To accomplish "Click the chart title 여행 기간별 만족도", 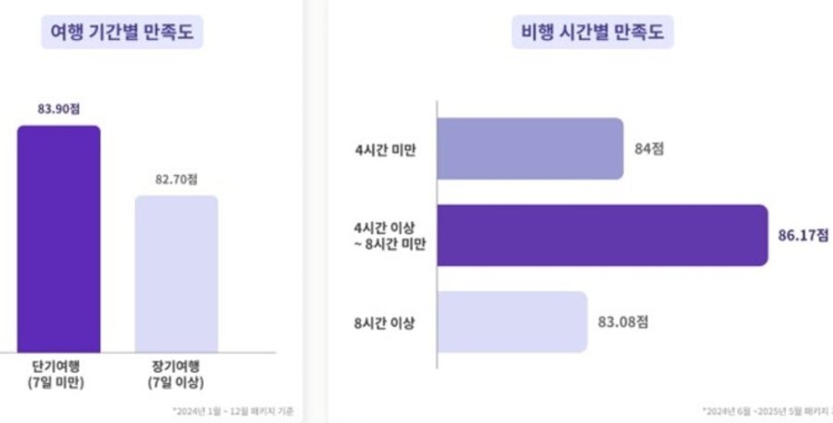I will coord(127,33).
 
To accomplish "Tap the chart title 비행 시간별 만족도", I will coord(592,33).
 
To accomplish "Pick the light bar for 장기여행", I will coord(177,273).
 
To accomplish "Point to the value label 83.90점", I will coord(58,108).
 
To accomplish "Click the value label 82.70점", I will coord(177,180).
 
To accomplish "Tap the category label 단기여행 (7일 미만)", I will coord(58,372).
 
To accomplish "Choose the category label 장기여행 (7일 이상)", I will coord(177,372).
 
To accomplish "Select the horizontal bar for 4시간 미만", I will coord(529,148).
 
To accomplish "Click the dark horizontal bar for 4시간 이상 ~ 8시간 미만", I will coord(602,235).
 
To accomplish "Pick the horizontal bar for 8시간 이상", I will coord(512,322).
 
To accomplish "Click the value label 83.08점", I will coord(622,322).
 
